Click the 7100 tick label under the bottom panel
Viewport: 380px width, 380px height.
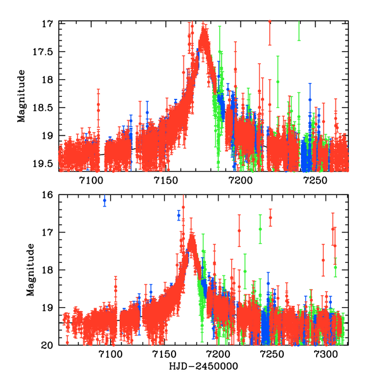point(110,355)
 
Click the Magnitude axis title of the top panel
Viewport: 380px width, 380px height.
point(22,96)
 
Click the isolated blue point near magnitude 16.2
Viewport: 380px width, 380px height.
point(104,201)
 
